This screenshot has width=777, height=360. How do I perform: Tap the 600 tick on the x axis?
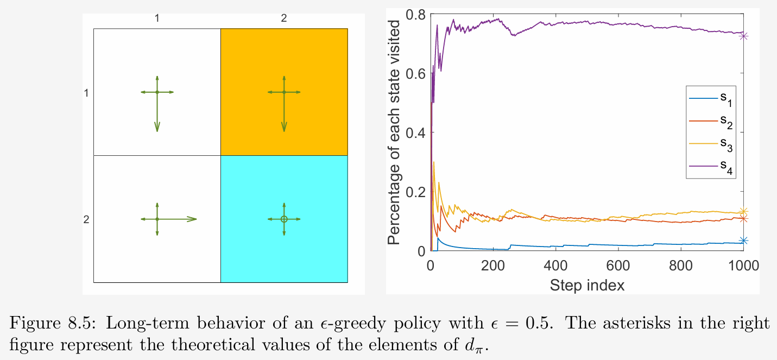pyautogui.click(x=618, y=266)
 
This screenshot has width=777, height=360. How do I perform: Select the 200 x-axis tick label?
pyautogui.click(x=493, y=266)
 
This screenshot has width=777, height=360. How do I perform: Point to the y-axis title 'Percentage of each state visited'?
pyautogui.click(x=395, y=132)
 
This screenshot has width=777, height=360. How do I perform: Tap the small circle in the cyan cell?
pyautogui.click(x=284, y=219)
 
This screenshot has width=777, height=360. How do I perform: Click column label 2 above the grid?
pyautogui.click(x=284, y=18)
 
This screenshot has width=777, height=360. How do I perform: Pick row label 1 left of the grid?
pyautogui.click(x=86, y=93)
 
